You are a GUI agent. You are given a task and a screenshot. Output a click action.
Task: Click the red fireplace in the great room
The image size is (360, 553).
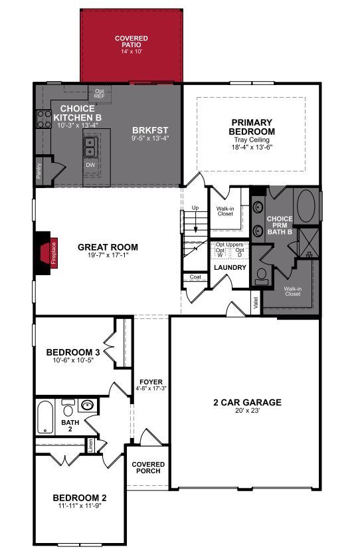click(x=49, y=253)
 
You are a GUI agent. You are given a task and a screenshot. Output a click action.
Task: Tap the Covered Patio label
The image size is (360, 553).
click(x=131, y=42)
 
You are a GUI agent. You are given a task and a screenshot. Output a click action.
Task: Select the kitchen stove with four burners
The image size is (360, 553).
click(x=44, y=119)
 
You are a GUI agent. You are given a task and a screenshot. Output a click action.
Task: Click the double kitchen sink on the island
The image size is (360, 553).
click(x=90, y=147)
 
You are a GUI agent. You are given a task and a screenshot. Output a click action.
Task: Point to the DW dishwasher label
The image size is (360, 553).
click(x=90, y=165)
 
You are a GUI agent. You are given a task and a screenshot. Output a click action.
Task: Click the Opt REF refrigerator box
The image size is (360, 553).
click(x=100, y=94)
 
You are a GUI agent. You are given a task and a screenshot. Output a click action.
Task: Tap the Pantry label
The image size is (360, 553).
click(x=39, y=171)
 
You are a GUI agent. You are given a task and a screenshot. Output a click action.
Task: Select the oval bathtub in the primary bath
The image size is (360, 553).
click(x=306, y=206)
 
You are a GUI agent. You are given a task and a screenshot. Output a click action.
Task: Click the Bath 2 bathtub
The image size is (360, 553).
click(x=45, y=417)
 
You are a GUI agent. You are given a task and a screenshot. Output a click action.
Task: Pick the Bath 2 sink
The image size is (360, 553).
click(x=87, y=405)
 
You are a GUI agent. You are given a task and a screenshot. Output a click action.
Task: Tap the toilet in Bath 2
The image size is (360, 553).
click(x=68, y=407)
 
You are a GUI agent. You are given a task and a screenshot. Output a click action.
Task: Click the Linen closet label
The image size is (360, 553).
click(x=90, y=445)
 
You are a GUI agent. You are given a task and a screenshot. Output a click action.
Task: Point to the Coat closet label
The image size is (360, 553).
click(x=195, y=277)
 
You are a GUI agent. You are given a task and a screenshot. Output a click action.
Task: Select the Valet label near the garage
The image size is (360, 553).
click(x=256, y=302)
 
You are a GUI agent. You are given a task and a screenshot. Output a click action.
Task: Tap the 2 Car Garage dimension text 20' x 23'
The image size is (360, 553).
click(x=247, y=411)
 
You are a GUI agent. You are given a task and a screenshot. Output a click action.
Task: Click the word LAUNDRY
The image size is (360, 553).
click(x=230, y=268)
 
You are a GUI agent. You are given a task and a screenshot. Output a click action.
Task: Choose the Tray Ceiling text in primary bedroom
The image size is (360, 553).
click(x=252, y=140)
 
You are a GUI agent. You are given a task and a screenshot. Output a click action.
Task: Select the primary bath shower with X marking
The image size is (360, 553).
click(x=310, y=243)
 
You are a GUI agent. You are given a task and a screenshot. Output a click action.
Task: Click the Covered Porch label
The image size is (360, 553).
click(x=148, y=468)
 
